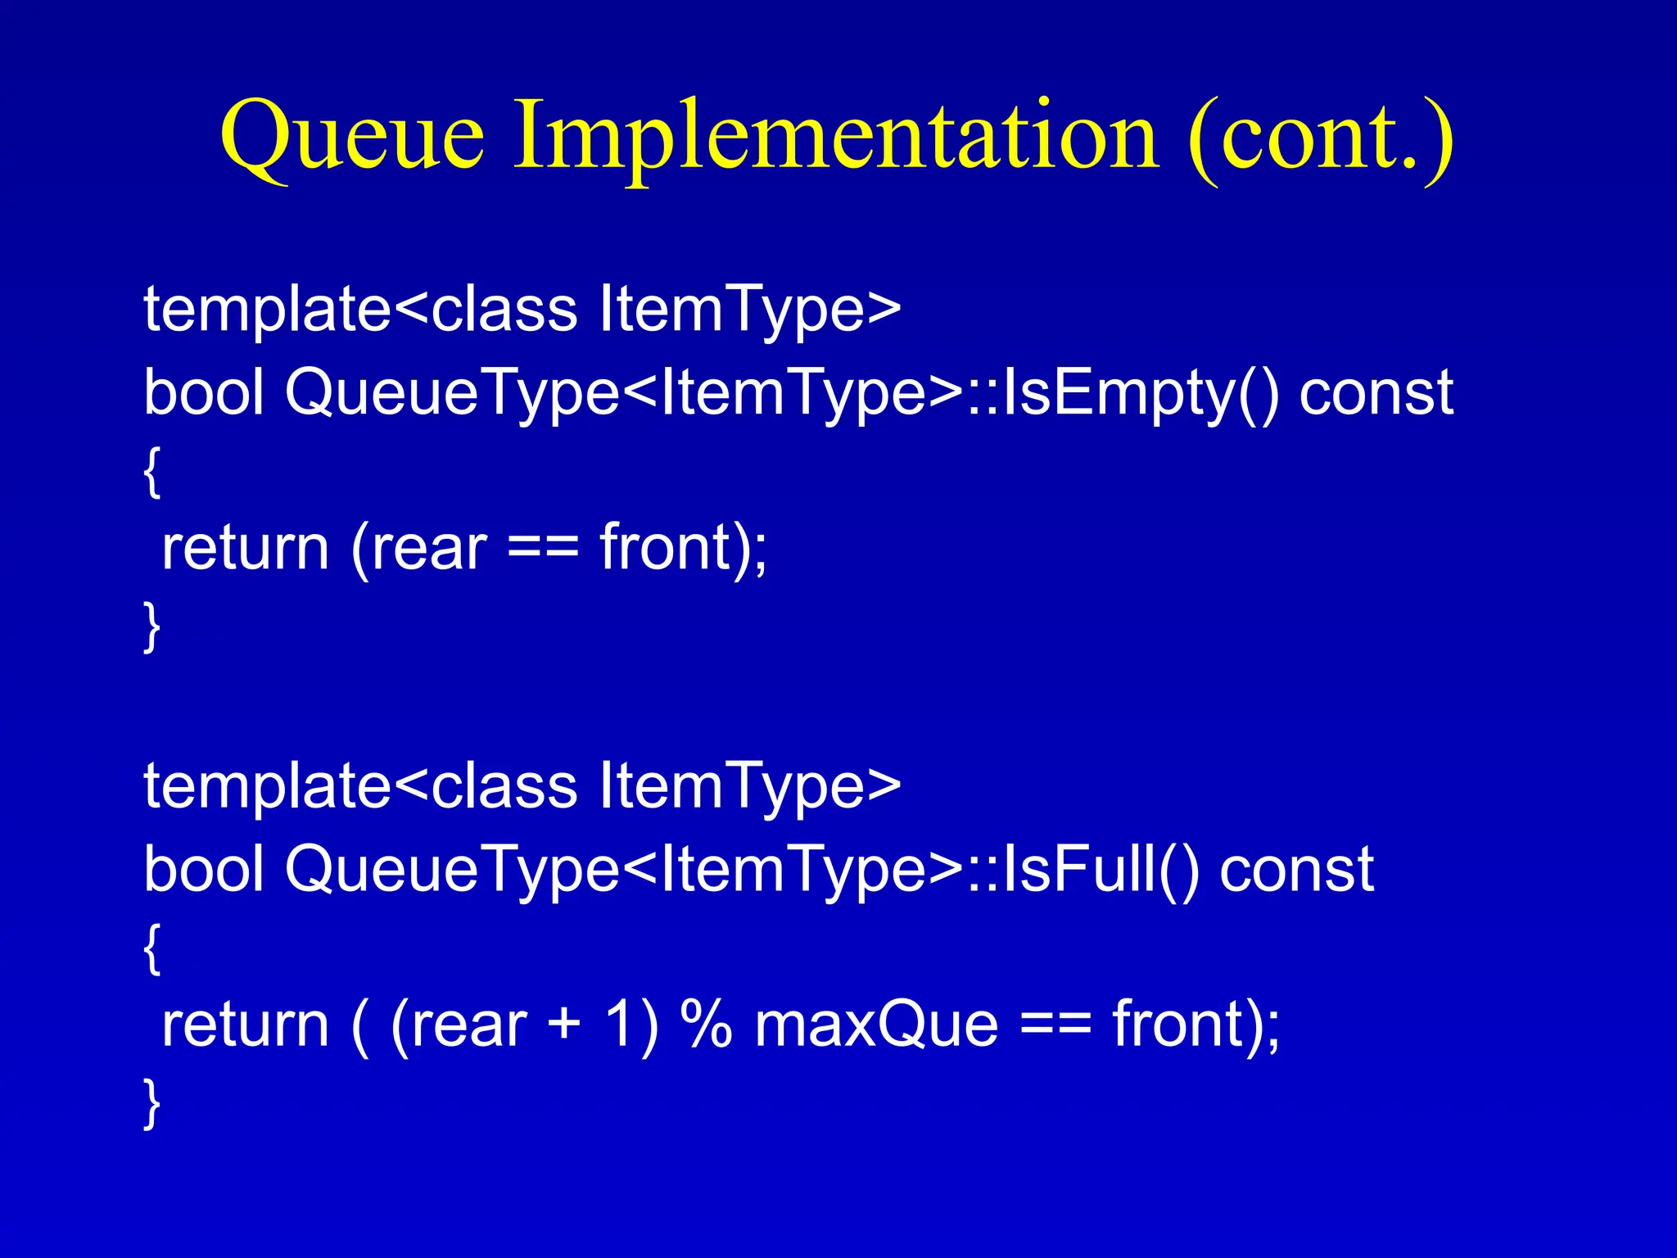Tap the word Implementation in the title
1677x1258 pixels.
[835, 135]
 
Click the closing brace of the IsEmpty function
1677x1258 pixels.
[151, 627]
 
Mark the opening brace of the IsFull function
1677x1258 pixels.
[151, 948]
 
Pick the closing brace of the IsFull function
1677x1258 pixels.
[151, 1103]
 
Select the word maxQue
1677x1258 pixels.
[876, 1025]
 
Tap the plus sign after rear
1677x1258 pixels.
[564, 1025]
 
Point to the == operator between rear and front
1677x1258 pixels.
[543, 549]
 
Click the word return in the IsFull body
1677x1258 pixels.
[245, 1025]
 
